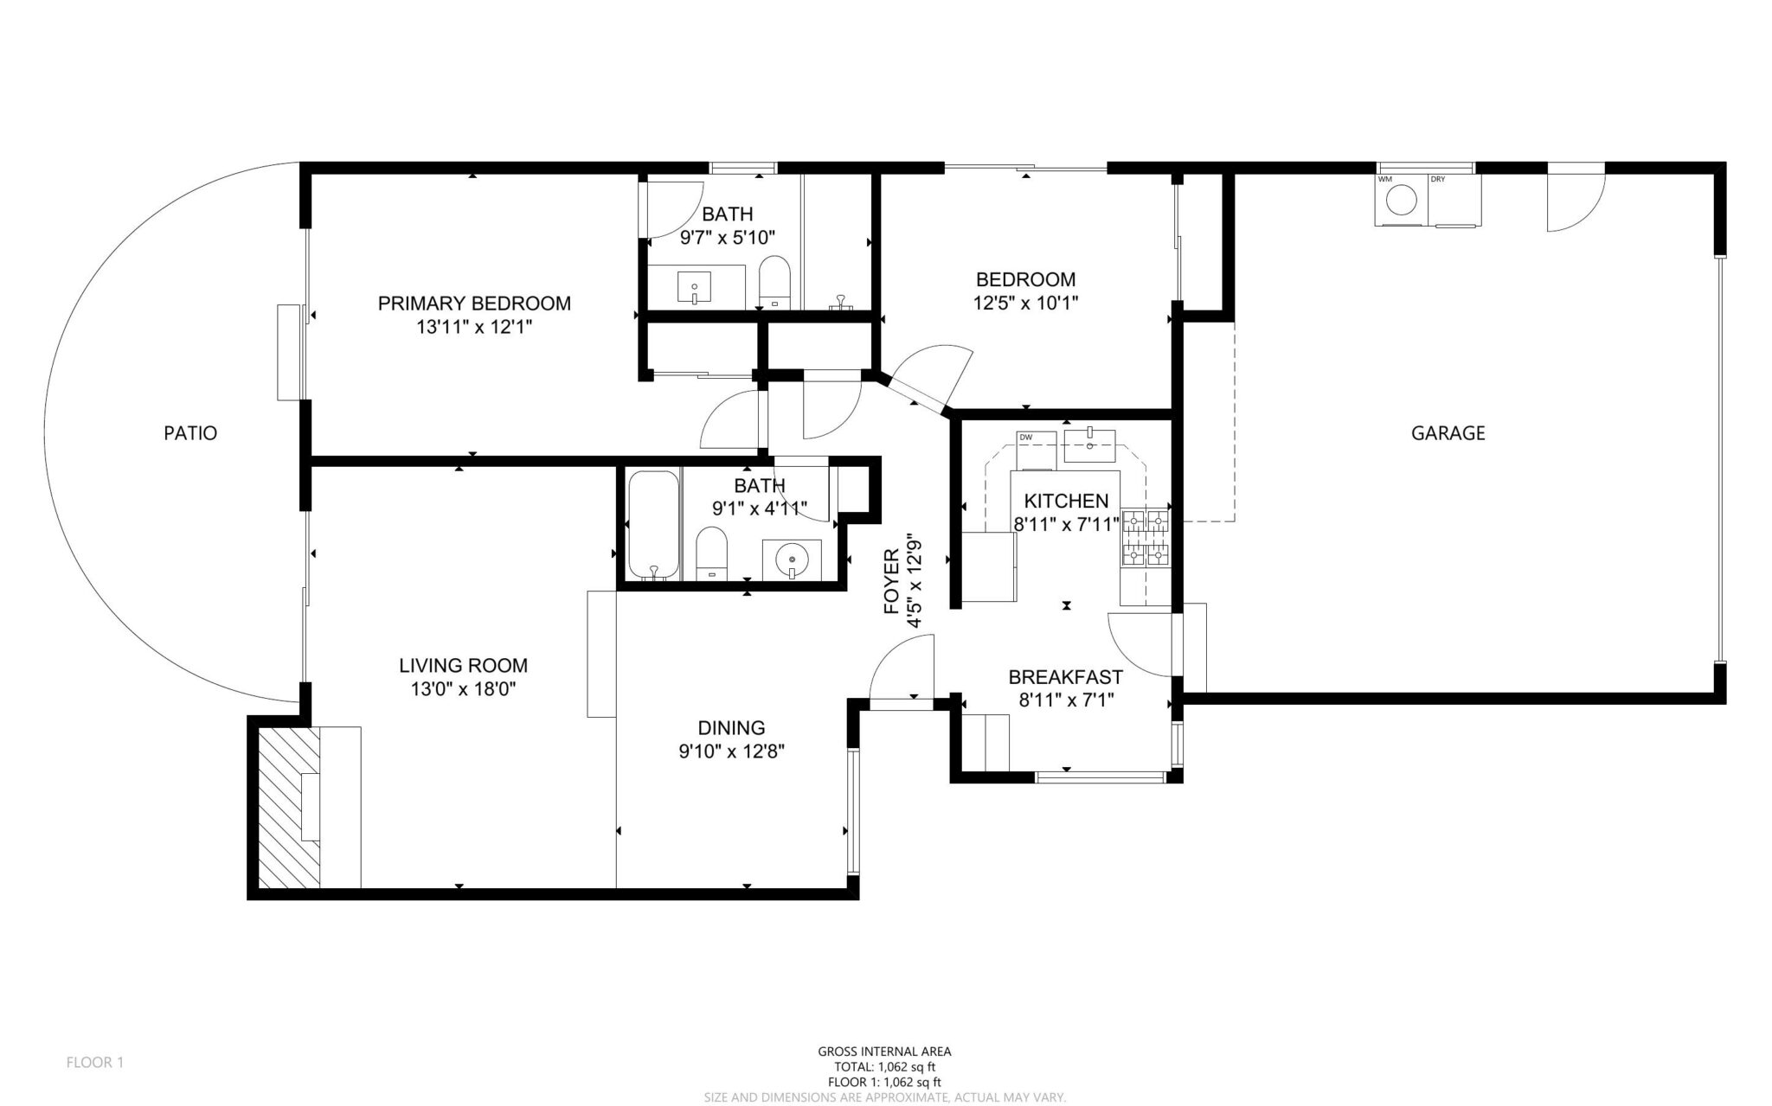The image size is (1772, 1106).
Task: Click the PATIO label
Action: click(x=190, y=433)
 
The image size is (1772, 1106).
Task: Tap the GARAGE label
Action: click(x=1448, y=433)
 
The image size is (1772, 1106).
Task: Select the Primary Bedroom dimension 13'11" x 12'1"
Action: click(x=474, y=327)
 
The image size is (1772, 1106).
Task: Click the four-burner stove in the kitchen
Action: click(x=1145, y=537)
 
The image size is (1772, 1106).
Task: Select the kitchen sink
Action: click(x=1089, y=445)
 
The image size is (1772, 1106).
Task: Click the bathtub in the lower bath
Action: click(x=653, y=526)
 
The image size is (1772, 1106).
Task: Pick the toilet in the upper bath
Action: click(x=774, y=280)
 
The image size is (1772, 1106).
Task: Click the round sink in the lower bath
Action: click(x=792, y=559)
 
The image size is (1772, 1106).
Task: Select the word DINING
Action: click(x=731, y=728)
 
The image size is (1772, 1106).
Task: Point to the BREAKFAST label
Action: click(x=1065, y=677)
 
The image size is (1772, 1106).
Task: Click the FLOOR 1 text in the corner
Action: click(x=95, y=1062)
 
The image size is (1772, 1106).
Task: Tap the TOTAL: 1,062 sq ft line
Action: click(x=884, y=1067)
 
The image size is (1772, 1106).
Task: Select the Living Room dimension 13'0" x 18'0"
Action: click(x=463, y=689)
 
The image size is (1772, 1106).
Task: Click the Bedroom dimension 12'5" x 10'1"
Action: click(x=1025, y=303)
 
